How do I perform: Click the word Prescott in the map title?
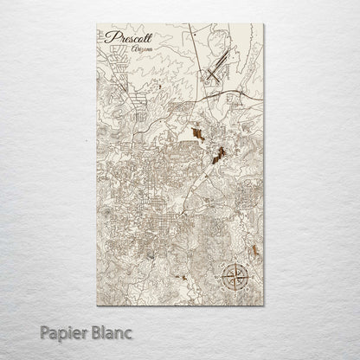point(127,39)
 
